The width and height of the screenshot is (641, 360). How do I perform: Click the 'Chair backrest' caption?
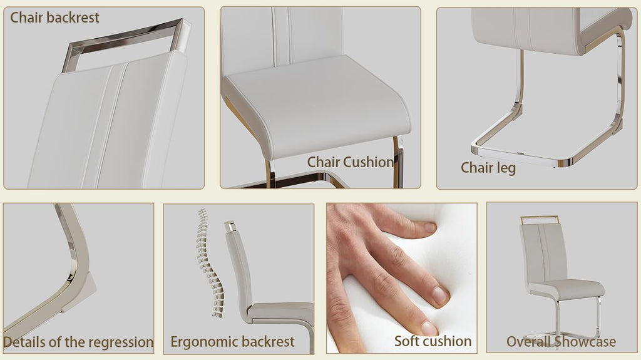(54, 18)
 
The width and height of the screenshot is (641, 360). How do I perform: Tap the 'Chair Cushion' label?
(351, 162)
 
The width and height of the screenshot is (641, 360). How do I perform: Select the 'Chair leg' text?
(488, 168)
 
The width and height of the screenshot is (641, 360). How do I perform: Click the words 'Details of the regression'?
(78, 342)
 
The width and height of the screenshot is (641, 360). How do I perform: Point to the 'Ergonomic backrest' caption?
(232, 342)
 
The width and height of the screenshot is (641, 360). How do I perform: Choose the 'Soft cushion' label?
(433, 341)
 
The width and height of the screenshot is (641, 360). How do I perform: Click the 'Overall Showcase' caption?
(561, 342)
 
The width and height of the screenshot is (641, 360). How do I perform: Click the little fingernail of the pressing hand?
(429, 328)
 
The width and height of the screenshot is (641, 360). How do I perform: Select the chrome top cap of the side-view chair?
(230, 226)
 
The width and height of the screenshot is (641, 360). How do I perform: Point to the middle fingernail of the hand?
(440, 295)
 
